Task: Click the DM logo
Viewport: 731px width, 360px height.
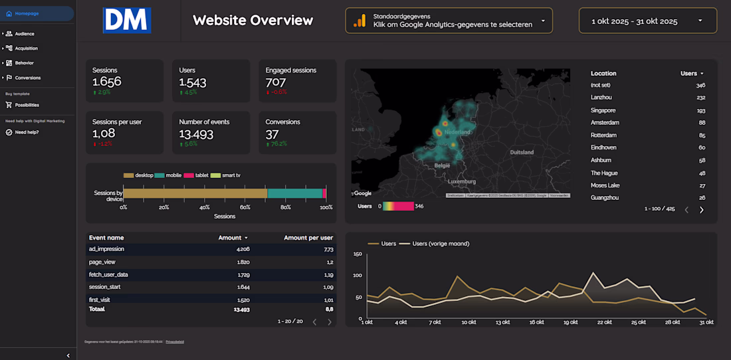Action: click(x=127, y=21)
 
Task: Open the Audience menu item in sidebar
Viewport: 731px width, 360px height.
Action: click(x=25, y=33)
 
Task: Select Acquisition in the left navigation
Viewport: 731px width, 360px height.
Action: click(x=26, y=48)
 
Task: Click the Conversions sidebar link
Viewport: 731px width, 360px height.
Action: click(x=27, y=78)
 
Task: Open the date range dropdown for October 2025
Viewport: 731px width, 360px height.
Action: click(x=647, y=21)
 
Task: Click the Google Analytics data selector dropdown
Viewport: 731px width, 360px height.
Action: click(x=449, y=21)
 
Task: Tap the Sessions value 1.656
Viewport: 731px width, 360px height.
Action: click(x=107, y=82)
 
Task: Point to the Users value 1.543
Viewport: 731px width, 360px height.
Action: click(x=193, y=82)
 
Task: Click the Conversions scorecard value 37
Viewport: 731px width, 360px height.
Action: click(x=272, y=134)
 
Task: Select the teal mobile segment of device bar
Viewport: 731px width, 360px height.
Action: click(x=294, y=193)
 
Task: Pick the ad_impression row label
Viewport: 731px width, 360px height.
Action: click(x=106, y=249)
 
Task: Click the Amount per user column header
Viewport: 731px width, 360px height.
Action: click(x=308, y=237)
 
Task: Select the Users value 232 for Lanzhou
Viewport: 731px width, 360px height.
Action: click(x=700, y=98)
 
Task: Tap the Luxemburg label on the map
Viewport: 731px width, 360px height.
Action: click(x=462, y=181)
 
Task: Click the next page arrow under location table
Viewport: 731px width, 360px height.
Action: click(x=701, y=210)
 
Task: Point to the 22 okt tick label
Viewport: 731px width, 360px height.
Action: click(x=604, y=322)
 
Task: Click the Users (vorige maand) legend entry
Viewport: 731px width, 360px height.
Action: click(x=441, y=244)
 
